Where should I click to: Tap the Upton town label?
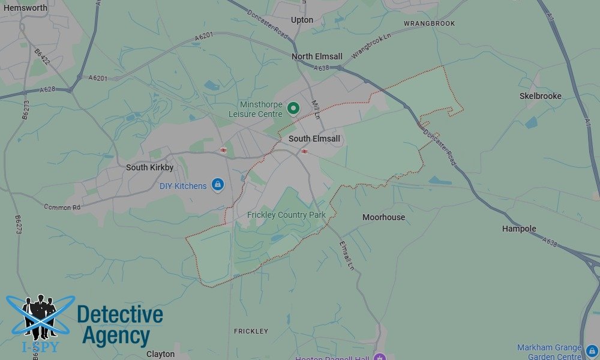[302, 20]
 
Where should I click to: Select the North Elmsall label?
[317, 56]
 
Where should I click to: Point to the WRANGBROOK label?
[429, 23]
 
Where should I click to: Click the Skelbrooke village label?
[540, 96]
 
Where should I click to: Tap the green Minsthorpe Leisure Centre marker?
[293, 109]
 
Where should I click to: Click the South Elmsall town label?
[314, 139]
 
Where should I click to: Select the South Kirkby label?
[149, 167]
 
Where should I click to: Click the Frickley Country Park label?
[286, 215]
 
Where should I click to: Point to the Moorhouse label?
[383, 217]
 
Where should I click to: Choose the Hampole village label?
[519, 229]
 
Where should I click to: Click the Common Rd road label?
[62, 206]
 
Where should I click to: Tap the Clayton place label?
[160, 354]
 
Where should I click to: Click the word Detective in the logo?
[120, 315]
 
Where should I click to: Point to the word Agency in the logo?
[116, 335]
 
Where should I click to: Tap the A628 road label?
[48, 90]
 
